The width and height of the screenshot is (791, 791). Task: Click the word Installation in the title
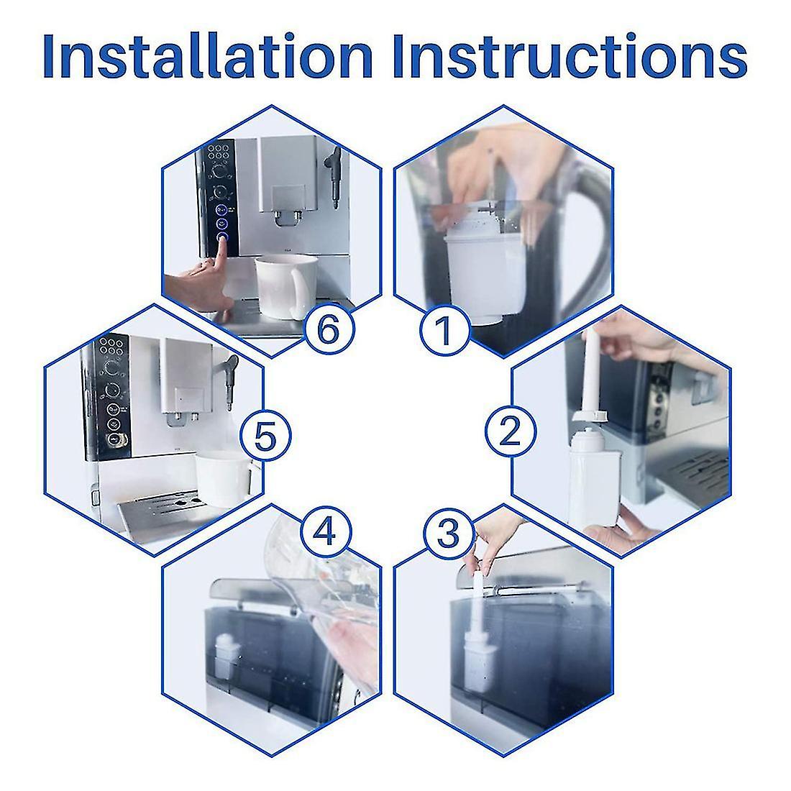pos(208,55)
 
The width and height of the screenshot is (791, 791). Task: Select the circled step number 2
pos(510,432)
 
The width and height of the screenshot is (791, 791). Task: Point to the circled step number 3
pos(449,534)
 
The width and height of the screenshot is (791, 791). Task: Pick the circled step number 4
pos(325,531)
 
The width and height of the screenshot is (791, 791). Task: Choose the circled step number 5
pos(265,435)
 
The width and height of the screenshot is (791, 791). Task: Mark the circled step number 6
pos(329,329)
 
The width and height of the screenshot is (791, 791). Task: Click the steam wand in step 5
pos(229,382)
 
